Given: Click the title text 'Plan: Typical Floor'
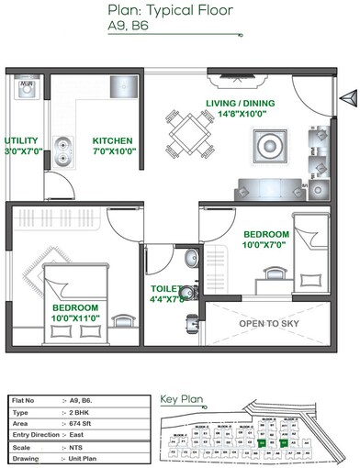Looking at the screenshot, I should [x=180, y=11].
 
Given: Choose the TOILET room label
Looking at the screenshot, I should [x=168, y=289].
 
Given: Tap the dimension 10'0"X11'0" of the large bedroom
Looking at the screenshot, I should [x=74, y=318].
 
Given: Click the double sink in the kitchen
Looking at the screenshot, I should [x=63, y=146].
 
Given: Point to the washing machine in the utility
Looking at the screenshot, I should [x=26, y=89].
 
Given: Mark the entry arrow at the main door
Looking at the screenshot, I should [x=346, y=97].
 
